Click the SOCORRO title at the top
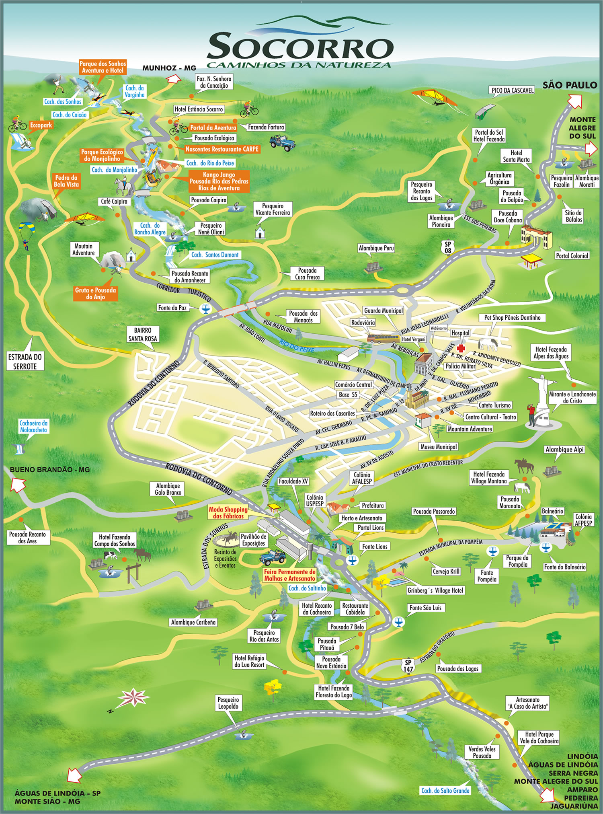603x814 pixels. [x=299, y=47]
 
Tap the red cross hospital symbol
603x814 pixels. [x=460, y=348]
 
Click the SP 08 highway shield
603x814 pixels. [x=447, y=247]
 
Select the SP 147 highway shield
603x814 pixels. [x=408, y=666]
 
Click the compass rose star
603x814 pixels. [x=132, y=698]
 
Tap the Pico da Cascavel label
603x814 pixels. [x=512, y=90]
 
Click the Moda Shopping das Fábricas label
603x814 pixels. [x=228, y=513]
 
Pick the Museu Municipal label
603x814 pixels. [x=439, y=447]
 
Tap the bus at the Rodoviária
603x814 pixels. [x=383, y=338]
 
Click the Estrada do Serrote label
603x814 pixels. [x=25, y=361]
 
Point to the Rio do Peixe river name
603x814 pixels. [x=297, y=346]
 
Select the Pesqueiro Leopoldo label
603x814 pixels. [x=228, y=703]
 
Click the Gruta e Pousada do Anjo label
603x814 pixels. [x=95, y=294]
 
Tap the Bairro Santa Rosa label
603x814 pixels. [x=142, y=335]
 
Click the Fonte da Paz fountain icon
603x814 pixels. [x=205, y=309]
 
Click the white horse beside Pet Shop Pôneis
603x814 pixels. [x=488, y=344]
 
